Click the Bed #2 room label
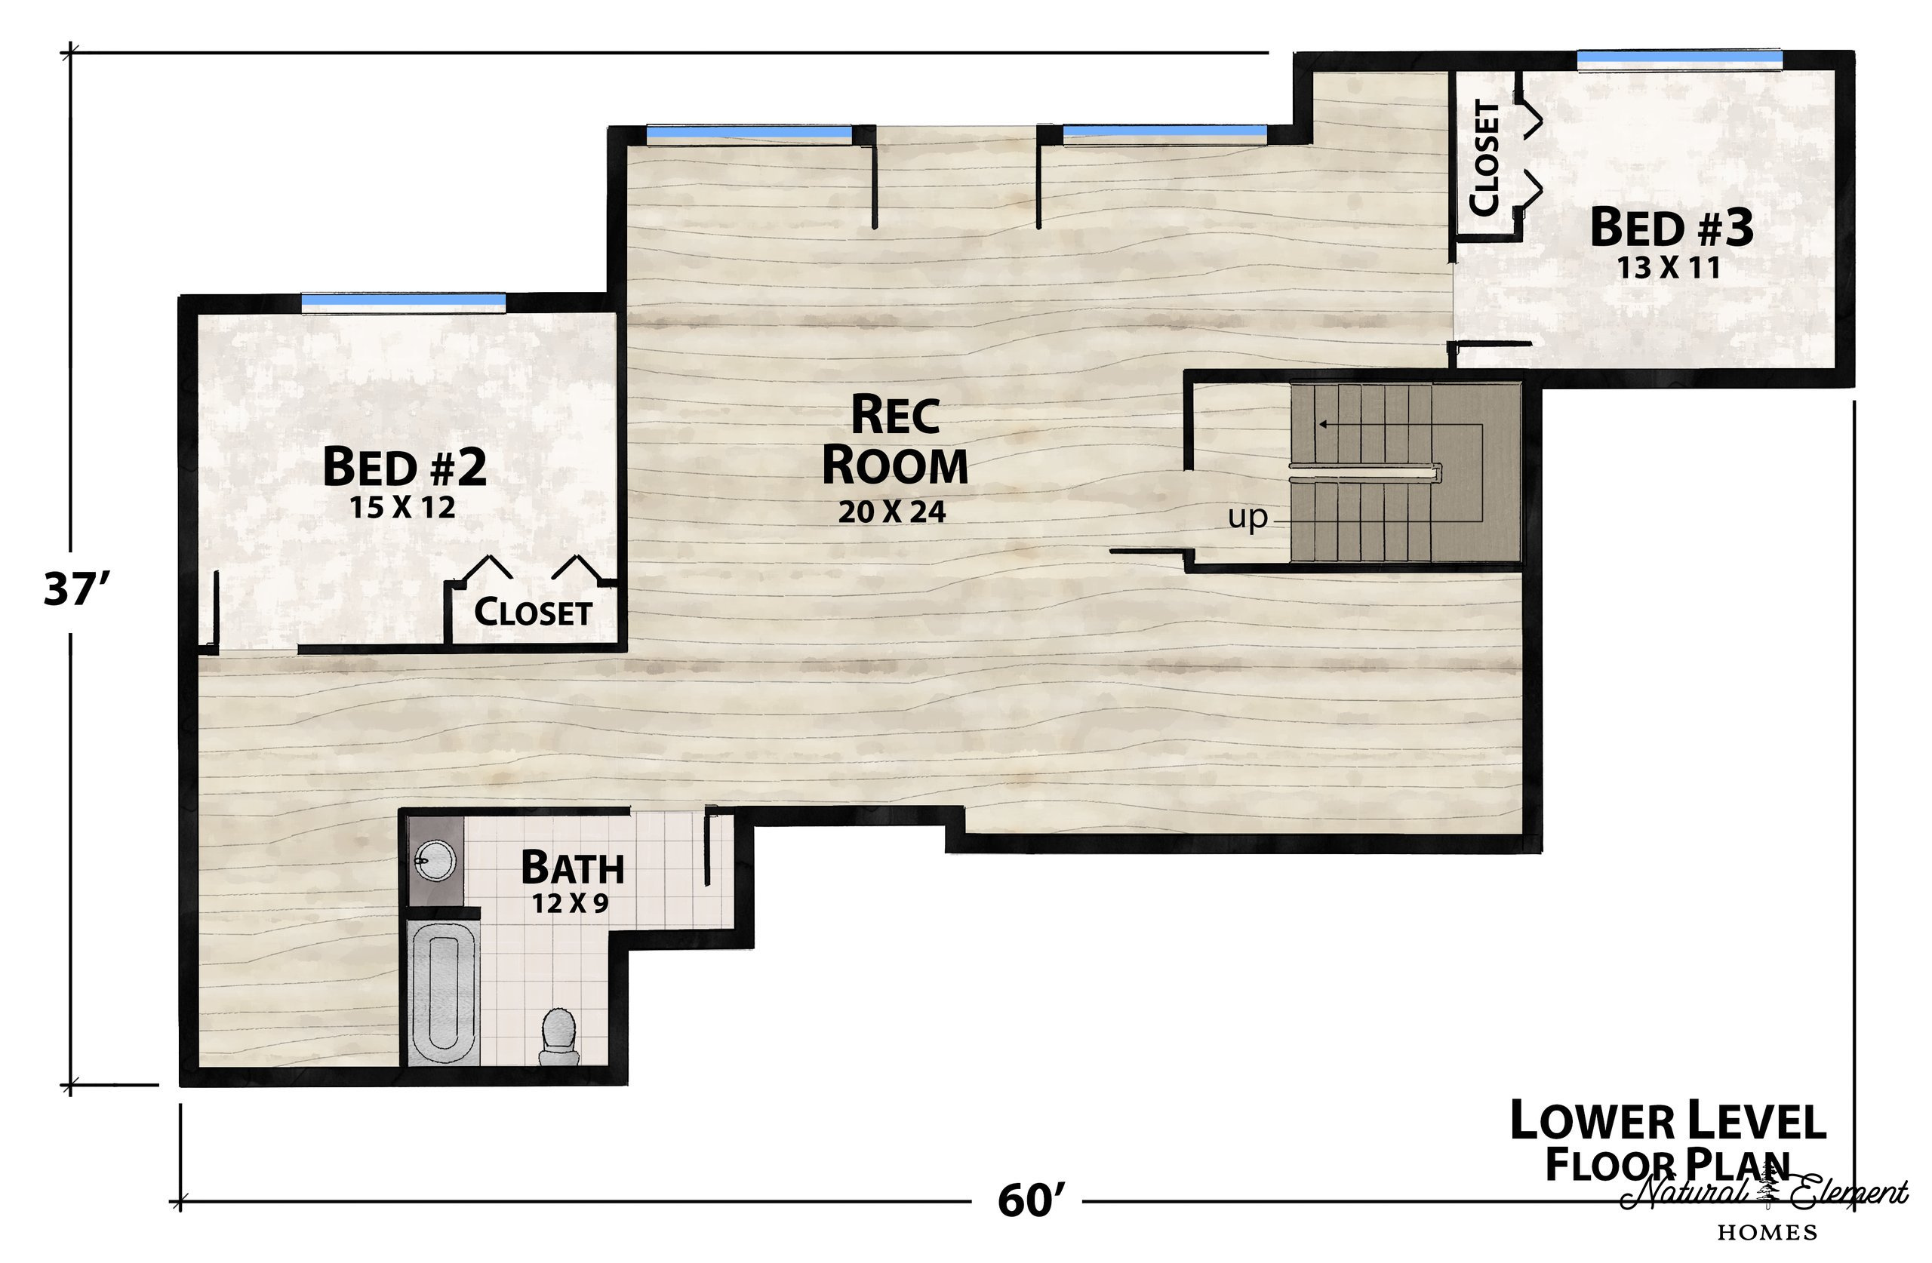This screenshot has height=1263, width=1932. pyautogui.click(x=405, y=467)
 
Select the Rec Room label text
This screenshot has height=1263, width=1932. pyautogui.click(x=894, y=439)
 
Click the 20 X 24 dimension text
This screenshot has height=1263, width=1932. pyautogui.click(x=892, y=512)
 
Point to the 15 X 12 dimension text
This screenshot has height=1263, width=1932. pyautogui.click(x=403, y=508)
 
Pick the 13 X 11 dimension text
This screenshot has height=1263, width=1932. pyautogui.click(x=1669, y=268)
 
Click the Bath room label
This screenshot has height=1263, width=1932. pyautogui.click(x=572, y=868)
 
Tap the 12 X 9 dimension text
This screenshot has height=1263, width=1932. pyautogui.click(x=570, y=903)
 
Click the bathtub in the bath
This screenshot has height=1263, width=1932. pyautogui.click(x=442, y=994)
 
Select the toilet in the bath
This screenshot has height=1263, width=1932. pyautogui.click(x=558, y=1037)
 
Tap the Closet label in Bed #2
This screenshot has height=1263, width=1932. pyautogui.click(x=533, y=613)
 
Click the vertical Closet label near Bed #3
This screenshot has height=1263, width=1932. pyautogui.click(x=1484, y=158)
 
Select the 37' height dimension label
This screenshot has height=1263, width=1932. pyautogui.click(x=76, y=589)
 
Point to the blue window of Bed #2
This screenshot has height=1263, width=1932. pyautogui.click(x=404, y=302)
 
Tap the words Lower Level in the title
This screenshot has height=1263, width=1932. pyautogui.click(x=1667, y=1121)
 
